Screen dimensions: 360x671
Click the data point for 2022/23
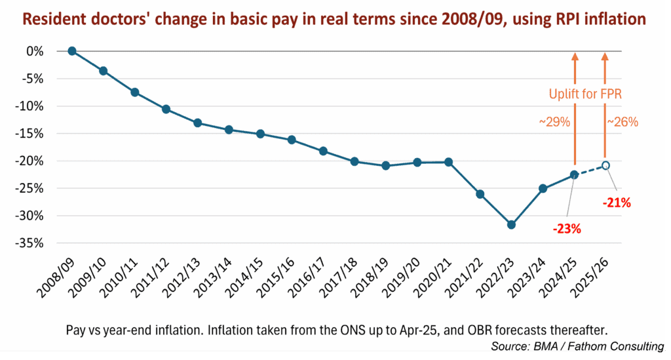click(x=511, y=224)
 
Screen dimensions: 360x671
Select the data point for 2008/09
click(x=72, y=51)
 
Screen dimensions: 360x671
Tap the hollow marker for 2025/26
click(x=606, y=165)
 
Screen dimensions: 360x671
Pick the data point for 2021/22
click(x=480, y=194)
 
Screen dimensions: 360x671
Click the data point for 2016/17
click(x=323, y=151)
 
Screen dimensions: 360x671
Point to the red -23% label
click(x=566, y=229)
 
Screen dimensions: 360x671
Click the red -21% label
click(x=617, y=203)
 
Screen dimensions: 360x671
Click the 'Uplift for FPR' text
click(x=585, y=94)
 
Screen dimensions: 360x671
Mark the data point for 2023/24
click(x=543, y=188)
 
